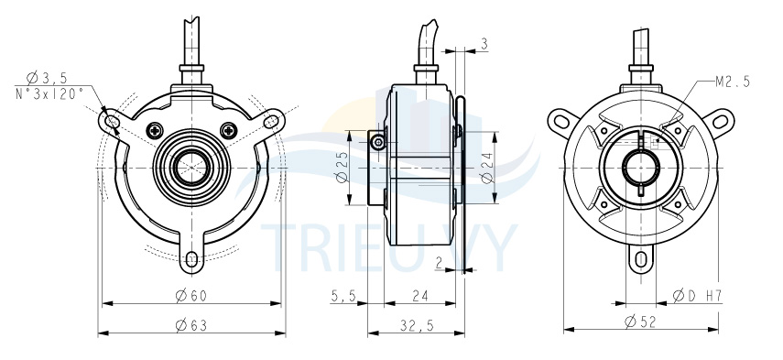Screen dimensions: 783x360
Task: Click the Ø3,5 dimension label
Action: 47,78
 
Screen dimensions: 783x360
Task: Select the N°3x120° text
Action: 49,93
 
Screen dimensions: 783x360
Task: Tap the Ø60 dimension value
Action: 190,296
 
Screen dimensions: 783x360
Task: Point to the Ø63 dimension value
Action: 190,326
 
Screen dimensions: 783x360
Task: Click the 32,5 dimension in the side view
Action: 417,326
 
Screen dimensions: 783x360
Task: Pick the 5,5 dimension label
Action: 343,296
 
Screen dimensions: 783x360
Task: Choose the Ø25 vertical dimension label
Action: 342,168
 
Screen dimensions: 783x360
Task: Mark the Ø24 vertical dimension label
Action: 487,168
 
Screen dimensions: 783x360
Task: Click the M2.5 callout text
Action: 733,82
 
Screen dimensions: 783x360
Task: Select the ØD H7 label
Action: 697,296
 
